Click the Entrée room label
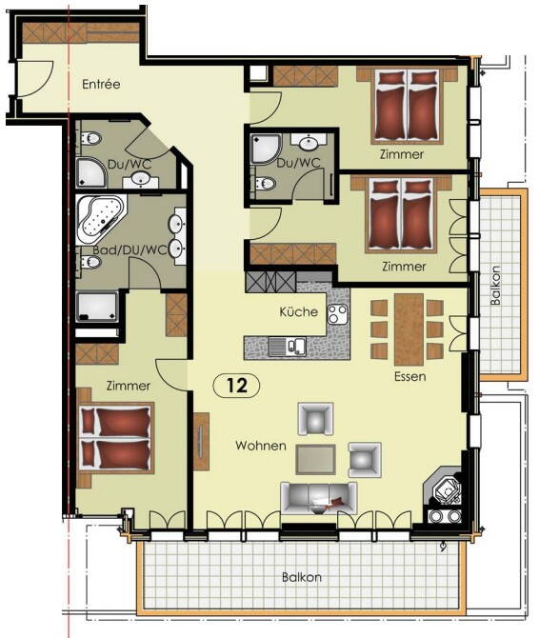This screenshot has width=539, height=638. click(x=100, y=84)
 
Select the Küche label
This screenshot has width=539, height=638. click(x=298, y=312)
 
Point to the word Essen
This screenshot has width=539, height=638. click(x=409, y=376)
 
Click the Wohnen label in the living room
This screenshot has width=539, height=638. click(x=261, y=446)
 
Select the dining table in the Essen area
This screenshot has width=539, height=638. click(x=408, y=329)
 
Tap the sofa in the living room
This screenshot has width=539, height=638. click(x=318, y=496)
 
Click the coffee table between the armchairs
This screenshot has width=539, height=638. click(x=314, y=459)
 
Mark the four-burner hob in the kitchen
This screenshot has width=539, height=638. click(x=338, y=313)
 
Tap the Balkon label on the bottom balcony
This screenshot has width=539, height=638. click(x=301, y=577)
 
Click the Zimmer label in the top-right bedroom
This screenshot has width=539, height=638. click(x=401, y=153)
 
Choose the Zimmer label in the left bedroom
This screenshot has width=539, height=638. click(x=128, y=386)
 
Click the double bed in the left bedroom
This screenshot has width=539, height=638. click(x=114, y=438)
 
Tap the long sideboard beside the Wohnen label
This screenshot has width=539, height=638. click(x=201, y=441)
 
